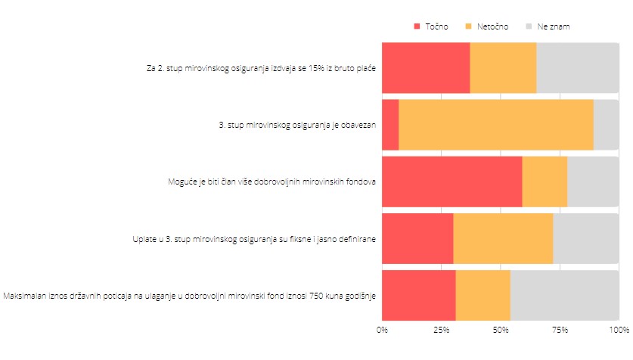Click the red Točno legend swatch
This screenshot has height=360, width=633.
click(x=417, y=26)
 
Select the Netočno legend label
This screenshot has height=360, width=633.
click(x=492, y=26)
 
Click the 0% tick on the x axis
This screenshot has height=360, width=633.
click(x=382, y=330)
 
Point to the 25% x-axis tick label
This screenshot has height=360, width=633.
click(x=441, y=330)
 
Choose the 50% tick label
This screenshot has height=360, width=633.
click(x=501, y=330)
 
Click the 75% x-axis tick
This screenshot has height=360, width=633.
click(x=560, y=330)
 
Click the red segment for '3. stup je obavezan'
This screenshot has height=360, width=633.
click(x=390, y=124)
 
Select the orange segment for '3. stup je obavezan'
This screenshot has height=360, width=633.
click(x=495, y=124)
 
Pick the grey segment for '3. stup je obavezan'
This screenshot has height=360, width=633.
click(x=606, y=124)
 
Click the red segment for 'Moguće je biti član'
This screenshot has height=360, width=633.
click(x=451, y=182)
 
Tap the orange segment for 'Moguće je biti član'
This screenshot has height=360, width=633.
click(x=545, y=182)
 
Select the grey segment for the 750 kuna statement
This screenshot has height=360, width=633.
click(x=564, y=295)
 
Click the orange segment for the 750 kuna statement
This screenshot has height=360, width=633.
click(x=483, y=295)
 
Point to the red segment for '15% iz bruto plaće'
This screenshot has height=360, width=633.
click(x=426, y=68)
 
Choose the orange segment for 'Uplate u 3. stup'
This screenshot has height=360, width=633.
click(x=503, y=238)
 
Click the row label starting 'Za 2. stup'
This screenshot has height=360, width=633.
click(x=262, y=68)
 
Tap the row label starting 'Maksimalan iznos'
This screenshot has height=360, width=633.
click(x=191, y=295)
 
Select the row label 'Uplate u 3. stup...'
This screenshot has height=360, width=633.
click(x=255, y=239)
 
